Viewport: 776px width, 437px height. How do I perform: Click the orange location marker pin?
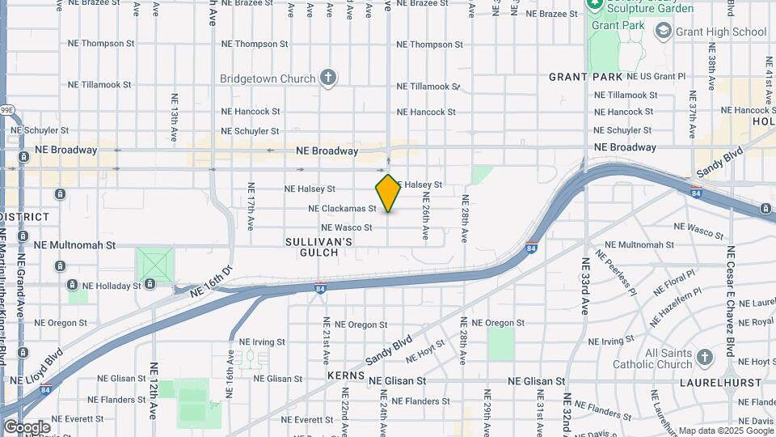tap(388, 193)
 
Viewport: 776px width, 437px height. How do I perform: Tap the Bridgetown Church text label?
tap(267, 78)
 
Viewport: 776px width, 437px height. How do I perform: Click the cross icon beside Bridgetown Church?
tap(327, 78)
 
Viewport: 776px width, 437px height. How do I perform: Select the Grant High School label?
tap(722, 32)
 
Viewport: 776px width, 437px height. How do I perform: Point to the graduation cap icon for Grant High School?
tap(664, 32)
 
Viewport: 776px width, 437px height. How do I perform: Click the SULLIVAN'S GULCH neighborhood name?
tap(319, 248)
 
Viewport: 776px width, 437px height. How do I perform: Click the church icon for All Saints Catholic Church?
tap(705, 357)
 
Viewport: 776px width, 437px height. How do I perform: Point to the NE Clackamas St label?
tap(343, 209)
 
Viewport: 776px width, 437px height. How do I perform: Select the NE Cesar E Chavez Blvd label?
tap(730, 301)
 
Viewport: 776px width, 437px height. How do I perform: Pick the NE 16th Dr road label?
tap(211, 280)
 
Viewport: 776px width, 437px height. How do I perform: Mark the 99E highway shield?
tap(6, 109)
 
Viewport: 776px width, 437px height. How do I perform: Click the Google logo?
tap(27, 426)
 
